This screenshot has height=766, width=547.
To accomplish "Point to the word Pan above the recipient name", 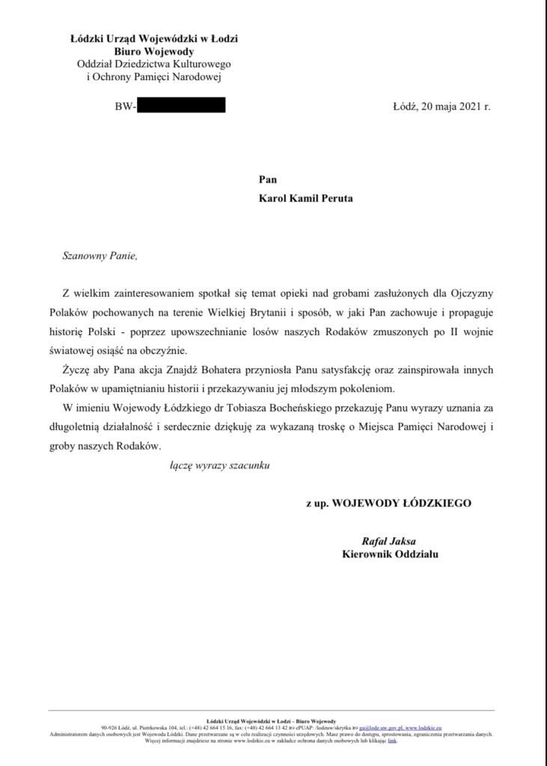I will tap(267, 180).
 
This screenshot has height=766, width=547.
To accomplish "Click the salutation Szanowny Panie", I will tap(100, 255).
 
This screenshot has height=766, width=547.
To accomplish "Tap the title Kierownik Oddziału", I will tap(390, 554).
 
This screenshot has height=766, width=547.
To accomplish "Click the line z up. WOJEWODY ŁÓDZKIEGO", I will tap(388, 503).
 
